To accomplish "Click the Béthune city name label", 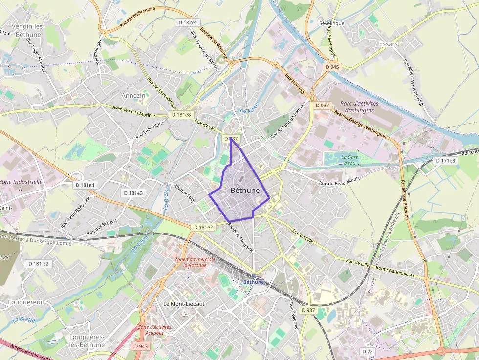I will (x=244, y=190).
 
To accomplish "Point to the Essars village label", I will (x=389, y=44).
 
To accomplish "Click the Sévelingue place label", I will (x=331, y=23).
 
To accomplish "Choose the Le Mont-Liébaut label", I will (x=184, y=303).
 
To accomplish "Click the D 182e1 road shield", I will (x=188, y=22).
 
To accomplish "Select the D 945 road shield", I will (x=331, y=67).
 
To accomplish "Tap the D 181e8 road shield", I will (x=181, y=115).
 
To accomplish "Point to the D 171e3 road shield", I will (x=445, y=160).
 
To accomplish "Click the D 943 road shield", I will (x=141, y=346).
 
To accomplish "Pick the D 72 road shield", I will (x=368, y=351).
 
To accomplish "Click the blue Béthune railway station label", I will (x=253, y=282).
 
